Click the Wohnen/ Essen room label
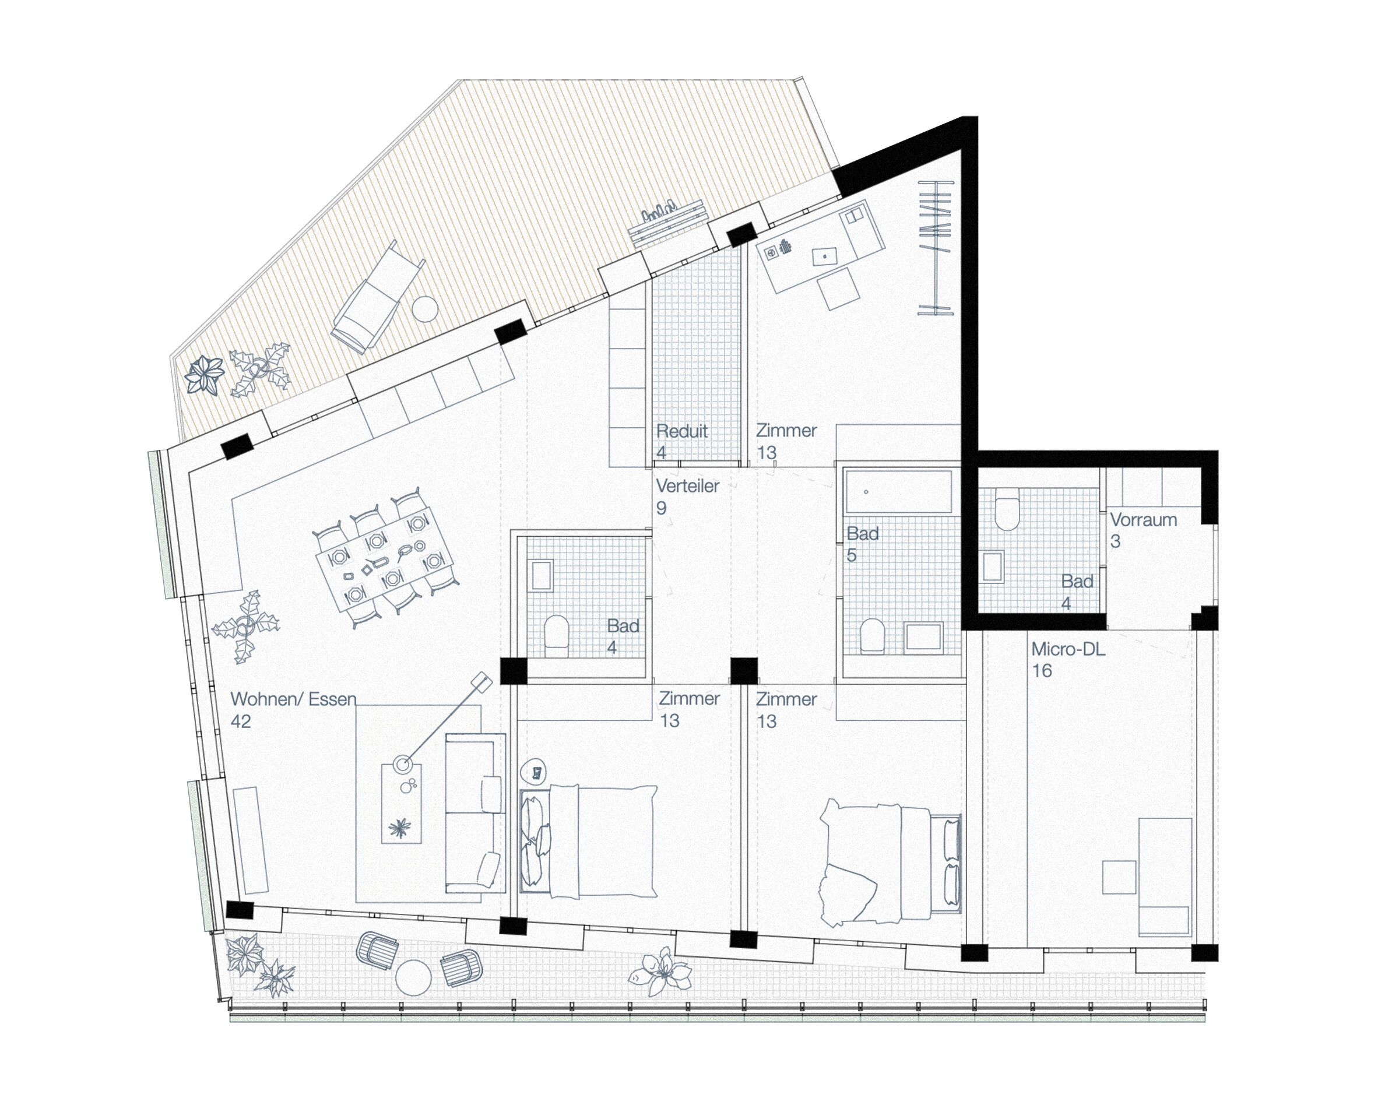tap(293, 699)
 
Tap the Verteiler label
tap(687, 486)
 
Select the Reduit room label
tap(681, 431)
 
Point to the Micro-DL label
tap(1068, 649)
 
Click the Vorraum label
tap(1143, 520)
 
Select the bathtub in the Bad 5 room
tap(898, 492)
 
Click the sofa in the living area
tap(475, 814)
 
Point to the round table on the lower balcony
tap(413, 977)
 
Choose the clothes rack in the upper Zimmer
tap(936, 248)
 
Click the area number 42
tap(241, 722)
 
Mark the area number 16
tap(1042, 671)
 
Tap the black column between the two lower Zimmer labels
tap(744, 671)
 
